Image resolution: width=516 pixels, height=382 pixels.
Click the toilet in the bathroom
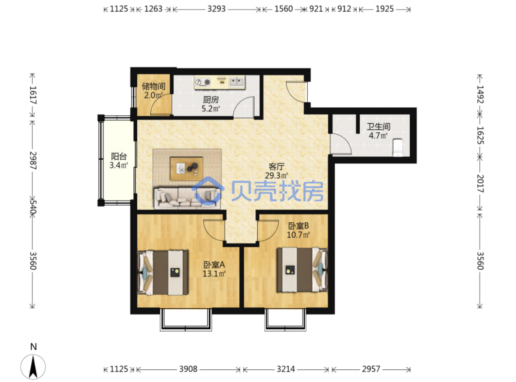[x=397, y=148]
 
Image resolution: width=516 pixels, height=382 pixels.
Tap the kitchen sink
[x=236, y=82]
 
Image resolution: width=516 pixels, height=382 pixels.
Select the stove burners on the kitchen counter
[x=203, y=82]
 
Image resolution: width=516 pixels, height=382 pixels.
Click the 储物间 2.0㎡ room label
[x=153, y=91]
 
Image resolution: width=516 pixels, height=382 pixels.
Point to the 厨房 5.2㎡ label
[x=211, y=104]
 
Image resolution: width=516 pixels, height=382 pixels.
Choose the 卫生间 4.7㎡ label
[x=378, y=131]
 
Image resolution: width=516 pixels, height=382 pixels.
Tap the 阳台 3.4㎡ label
[x=119, y=161]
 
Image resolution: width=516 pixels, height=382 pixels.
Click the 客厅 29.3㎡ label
[x=276, y=171]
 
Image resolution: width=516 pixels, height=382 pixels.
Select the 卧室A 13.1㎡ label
[x=214, y=269]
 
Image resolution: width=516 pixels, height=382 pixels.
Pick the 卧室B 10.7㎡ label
[x=298, y=230]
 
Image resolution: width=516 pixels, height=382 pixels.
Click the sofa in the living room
[x=187, y=198]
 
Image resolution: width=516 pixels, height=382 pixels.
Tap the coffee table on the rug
[x=186, y=169]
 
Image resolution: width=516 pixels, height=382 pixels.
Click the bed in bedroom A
[x=163, y=273]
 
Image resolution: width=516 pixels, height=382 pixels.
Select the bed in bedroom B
[x=302, y=270]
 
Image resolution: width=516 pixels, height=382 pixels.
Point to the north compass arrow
[x=33, y=367]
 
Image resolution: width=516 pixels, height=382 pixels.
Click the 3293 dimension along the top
[x=216, y=9]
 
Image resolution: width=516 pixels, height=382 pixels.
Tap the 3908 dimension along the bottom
[x=188, y=369]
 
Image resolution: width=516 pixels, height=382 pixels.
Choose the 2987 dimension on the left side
[x=33, y=161]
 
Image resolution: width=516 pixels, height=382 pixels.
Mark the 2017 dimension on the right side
[x=480, y=184]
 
